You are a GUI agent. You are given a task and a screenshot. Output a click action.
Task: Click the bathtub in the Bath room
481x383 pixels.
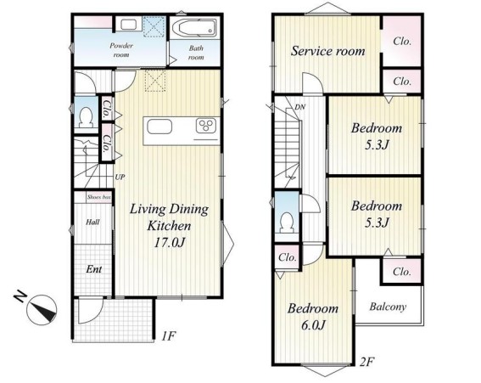194,28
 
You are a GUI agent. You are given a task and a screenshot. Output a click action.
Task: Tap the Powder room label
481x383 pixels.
121,50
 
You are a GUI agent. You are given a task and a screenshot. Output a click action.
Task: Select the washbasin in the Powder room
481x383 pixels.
129,25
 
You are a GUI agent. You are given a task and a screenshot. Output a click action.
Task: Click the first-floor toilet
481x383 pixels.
86,117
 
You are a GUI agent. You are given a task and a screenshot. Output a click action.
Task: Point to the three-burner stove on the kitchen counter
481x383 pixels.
206,126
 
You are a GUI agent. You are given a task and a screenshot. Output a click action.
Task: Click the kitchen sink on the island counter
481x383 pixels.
159,127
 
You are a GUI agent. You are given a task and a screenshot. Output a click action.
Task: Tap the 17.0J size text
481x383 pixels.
169,243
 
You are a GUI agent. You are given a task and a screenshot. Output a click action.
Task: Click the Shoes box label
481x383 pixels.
98,197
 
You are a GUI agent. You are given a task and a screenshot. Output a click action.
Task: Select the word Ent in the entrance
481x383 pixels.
94,269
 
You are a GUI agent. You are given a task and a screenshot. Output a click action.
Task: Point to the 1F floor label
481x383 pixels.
169,335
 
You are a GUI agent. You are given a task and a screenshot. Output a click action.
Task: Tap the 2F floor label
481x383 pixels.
367,362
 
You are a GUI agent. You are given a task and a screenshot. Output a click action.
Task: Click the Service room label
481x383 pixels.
328,51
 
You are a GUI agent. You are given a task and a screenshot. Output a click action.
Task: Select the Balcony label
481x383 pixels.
388,307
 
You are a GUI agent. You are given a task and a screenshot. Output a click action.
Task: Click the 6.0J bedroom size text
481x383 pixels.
313,324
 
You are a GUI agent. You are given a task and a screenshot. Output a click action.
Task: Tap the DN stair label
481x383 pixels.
299,107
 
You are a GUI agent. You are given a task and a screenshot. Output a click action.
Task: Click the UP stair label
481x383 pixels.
120,177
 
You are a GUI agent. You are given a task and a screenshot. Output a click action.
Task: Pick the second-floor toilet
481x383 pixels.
287,223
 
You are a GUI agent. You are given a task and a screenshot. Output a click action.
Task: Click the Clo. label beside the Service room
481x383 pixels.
402,41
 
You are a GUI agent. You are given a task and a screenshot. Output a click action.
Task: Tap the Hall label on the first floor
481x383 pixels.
92,222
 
